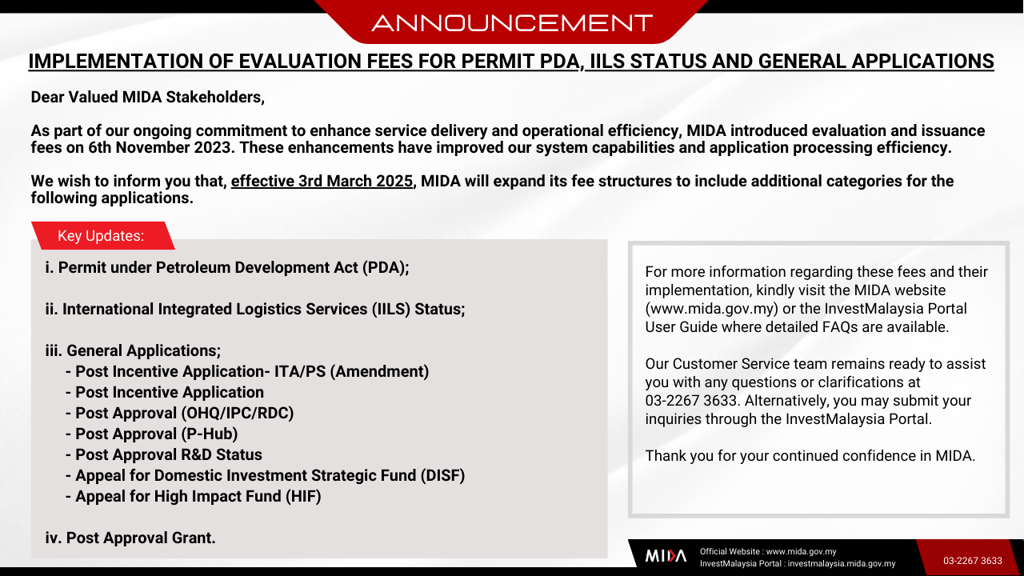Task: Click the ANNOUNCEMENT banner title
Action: pos(512,23)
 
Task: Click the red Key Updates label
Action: pos(103,236)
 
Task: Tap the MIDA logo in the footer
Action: pos(666,556)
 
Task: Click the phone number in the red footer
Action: pos(972,561)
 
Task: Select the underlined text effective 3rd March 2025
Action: pos(322,181)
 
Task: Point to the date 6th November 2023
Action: pos(160,148)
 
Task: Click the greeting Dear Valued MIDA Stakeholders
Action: pos(148,98)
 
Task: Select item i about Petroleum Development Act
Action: pos(226,267)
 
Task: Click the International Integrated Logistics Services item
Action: pos(255,309)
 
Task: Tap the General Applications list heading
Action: pos(133,350)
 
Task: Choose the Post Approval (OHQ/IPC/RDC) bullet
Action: pos(179,414)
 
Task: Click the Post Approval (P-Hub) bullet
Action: pos(151,434)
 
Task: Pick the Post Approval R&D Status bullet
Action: pos(164,455)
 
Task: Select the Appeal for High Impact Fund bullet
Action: pos(193,497)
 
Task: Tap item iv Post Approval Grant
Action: pos(130,538)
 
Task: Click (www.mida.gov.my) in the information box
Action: pos(712,309)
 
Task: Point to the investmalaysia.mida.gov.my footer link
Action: pos(841,564)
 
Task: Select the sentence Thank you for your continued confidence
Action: pos(810,456)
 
